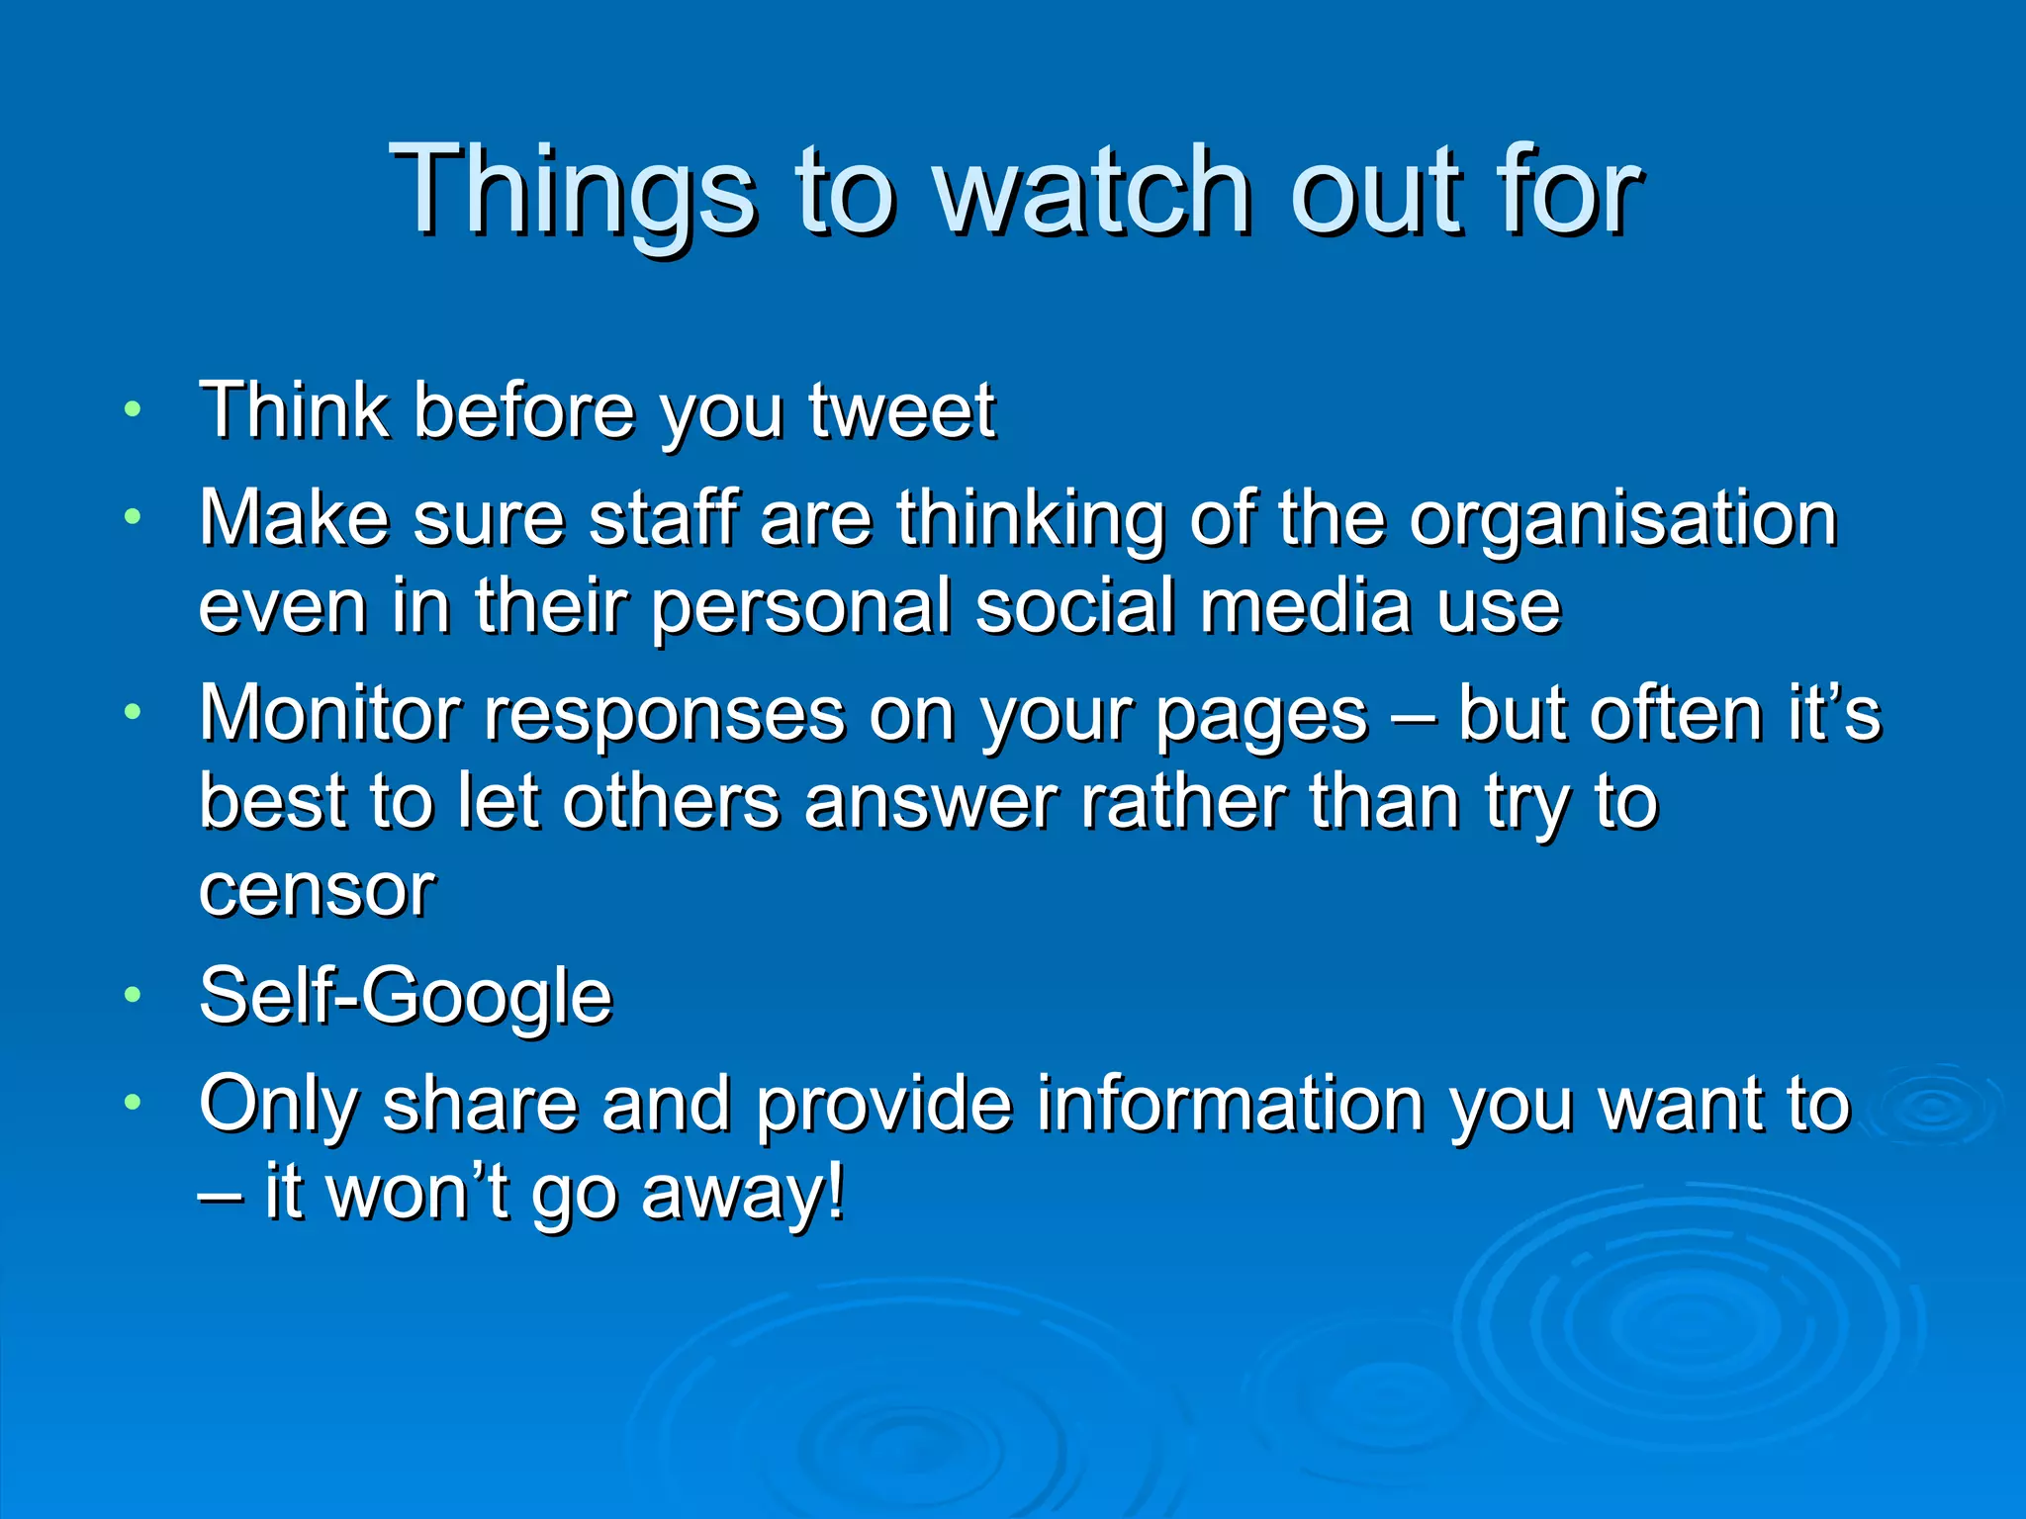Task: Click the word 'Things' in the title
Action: tap(574, 190)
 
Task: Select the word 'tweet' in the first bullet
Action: tap(901, 410)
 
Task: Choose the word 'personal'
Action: tap(800, 606)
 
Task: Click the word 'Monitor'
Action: tap(329, 713)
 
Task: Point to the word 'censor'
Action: tap(317, 890)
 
